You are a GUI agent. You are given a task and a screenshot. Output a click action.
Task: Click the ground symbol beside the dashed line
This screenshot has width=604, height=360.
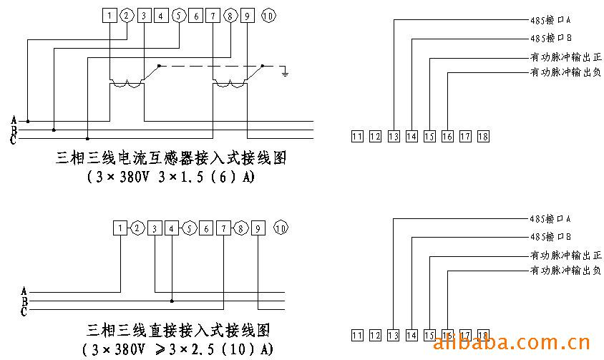click(x=285, y=72)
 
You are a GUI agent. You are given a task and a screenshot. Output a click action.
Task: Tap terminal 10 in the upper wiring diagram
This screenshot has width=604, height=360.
click(x=268, y=16)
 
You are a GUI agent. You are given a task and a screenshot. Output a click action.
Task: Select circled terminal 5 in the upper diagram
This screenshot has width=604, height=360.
click(x=178, y=16)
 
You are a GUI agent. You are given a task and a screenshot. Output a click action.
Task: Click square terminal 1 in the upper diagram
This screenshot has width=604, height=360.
click(x=108, y=16)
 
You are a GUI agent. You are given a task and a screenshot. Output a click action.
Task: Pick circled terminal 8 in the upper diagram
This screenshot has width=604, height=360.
click(x=230, y=16)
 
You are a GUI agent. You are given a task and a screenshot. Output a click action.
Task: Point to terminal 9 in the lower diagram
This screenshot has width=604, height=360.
click(x=258, y=228)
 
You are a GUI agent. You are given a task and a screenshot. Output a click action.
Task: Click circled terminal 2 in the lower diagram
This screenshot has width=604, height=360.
click(x=138, y=228)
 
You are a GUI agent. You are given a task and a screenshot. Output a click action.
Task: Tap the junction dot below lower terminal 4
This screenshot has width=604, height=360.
click(x=172, y=300)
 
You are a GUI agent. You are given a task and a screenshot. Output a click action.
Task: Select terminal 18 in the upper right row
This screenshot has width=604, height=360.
click(x=483, y=136)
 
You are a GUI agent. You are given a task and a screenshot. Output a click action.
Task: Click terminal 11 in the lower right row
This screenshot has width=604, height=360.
click(x=357, y=335)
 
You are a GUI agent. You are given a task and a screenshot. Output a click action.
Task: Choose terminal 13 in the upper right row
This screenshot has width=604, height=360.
click(x=394, y=136)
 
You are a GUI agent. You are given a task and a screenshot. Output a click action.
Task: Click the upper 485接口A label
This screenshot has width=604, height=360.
click(x=545, y=21)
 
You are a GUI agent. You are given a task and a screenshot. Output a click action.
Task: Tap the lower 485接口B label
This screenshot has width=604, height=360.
click(x=545, y=237)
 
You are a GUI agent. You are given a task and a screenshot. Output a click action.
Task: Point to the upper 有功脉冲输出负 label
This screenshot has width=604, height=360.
click(x=565, y=72)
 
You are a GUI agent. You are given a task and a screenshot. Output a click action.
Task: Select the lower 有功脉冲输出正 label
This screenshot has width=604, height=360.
click(x=565, y=255)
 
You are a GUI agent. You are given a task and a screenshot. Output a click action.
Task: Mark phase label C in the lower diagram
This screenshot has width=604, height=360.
click(x=24, y=311)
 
